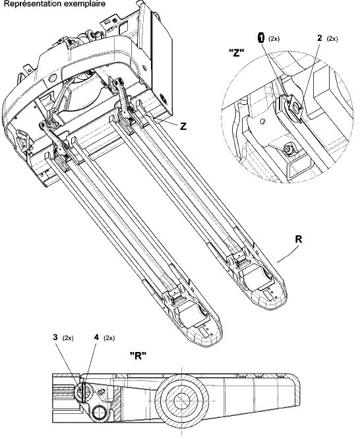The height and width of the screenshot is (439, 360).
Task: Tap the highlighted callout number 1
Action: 261,38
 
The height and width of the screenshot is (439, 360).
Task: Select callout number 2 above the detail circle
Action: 320,38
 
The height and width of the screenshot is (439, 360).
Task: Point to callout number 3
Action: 55,337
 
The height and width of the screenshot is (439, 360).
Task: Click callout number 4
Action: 96,337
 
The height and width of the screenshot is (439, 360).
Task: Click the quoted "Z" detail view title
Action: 237,53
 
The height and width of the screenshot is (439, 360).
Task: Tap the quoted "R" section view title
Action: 138,356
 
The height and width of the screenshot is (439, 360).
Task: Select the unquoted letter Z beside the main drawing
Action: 183,127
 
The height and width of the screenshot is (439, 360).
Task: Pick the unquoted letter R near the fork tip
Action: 299,239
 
